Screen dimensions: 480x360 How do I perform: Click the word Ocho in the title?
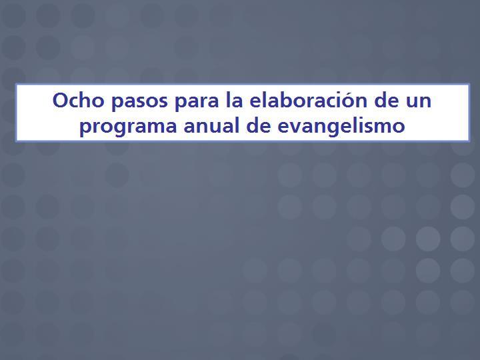(x=79, y=100)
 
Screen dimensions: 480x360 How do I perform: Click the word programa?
(x=128, y=127)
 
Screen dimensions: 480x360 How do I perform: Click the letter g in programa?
(x=123, y=129)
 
